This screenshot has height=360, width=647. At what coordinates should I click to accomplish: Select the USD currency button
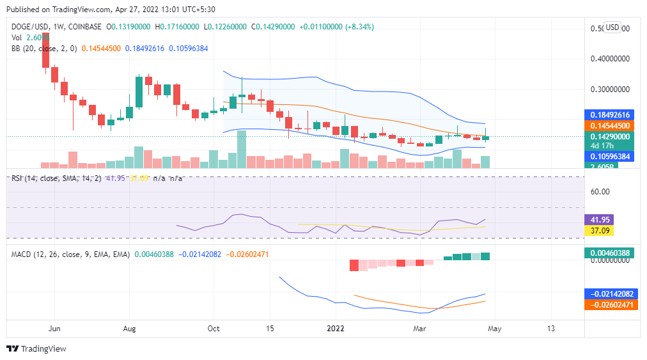(x=612, y=27)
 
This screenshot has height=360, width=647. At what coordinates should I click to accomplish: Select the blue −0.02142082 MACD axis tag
(x=611, y=294)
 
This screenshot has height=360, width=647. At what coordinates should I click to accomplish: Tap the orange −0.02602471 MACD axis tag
(x=611, y=305)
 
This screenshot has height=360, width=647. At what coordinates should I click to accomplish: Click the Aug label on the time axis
(x=129, y=328)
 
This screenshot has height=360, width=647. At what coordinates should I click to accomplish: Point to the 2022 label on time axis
(x=336, y=328)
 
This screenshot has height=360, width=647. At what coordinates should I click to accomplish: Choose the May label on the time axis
(x=494, y=328)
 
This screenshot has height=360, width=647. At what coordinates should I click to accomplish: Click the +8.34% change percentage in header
(x=360, y=27)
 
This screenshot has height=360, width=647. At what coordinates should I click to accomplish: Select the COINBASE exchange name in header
(x=82, y=27)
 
